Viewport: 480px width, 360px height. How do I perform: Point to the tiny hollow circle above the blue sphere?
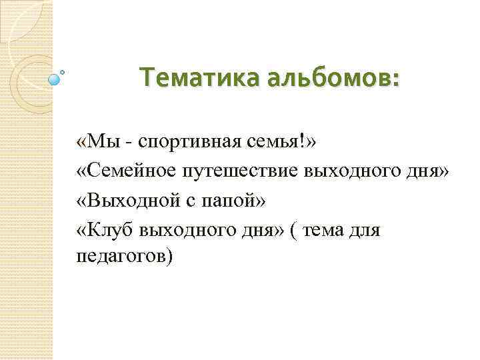point(63,71)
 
